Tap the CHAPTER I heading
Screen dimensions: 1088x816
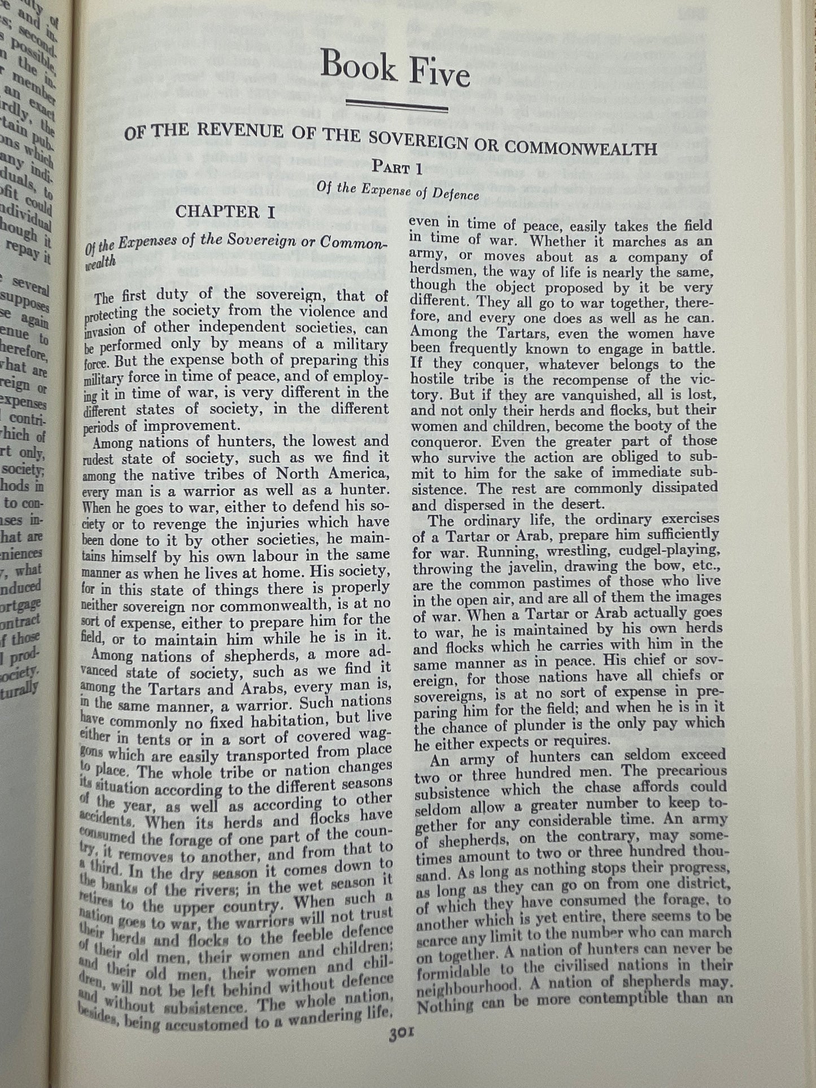[x=225, y=212]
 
